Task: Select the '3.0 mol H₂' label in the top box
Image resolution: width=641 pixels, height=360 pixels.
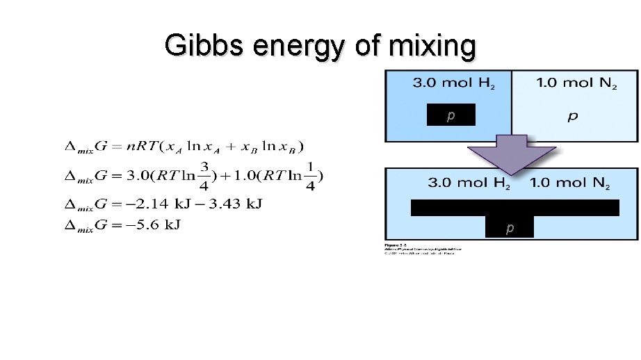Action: click(454, 84)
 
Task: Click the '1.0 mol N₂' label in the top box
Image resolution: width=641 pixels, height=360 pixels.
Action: click(576, 84)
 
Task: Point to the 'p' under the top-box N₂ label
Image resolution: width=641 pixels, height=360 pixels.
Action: click(572, 116)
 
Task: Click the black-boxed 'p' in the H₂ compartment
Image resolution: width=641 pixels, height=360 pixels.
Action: click(451, 115)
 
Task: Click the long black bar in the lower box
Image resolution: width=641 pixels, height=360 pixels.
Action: click(514, 207)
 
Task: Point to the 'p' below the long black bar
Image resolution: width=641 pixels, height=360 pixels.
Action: click(510, 227)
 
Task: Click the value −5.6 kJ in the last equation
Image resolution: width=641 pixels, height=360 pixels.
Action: click(161, 224)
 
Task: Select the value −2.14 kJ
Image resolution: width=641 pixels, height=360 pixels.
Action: click(143, 204)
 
